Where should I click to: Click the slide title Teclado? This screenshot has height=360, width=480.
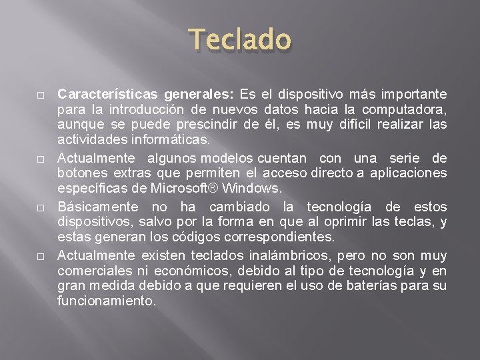click(x=240, y=40)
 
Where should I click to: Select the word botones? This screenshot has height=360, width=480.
click(x=79, y=173)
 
